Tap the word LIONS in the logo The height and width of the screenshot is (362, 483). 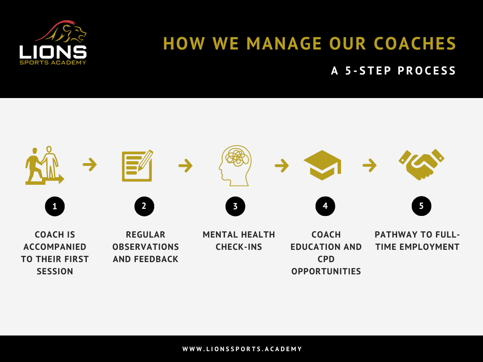(53, 52)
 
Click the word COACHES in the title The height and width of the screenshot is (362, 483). (415, 43)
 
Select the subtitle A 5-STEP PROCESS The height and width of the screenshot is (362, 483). (393, 71)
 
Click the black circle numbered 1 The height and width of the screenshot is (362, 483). (55, 206)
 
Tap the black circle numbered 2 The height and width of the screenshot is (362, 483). (144, 206)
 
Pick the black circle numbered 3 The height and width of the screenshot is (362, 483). (235, 206)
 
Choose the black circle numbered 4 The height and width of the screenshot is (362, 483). (325, 206)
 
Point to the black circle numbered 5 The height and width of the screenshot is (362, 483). (421, 206)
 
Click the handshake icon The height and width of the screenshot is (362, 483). (421, 165)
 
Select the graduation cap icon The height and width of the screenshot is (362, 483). (322, 165)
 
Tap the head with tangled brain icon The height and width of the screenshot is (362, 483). (235, 165)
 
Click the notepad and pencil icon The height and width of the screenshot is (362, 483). (137, 165)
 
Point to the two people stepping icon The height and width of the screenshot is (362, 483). (44, 165)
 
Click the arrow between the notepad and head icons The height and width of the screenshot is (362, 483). (185, 165)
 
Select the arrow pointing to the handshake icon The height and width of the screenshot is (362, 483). (370, 165)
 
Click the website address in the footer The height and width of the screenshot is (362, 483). (242, 349)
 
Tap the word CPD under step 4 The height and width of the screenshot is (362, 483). (326, 259)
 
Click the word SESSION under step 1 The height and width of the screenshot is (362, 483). (55, 271)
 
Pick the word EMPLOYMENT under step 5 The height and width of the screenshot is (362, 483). (429, 247)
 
